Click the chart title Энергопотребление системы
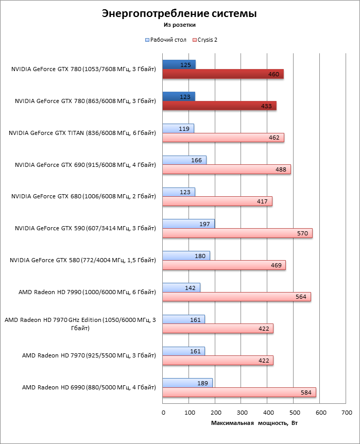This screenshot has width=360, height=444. tap(179, 13)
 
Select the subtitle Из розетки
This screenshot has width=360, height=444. tap(179, 24)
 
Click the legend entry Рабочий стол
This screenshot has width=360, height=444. tap(166, 39)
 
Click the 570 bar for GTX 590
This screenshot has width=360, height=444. tap(237, 233)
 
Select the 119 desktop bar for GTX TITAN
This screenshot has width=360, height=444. tap(178, 128)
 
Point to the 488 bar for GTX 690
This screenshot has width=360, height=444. tap(226, 169)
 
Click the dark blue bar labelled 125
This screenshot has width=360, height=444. tap(179, 64)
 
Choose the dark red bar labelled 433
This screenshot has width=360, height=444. tap(219, 106)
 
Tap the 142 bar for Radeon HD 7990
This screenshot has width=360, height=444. tap(181, 287)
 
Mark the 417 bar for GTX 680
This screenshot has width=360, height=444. tap(217, 201)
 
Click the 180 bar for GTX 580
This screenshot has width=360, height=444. tap(186, 256)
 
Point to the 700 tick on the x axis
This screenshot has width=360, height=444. tap(346, 413)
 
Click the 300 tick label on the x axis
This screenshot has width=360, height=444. tap(242, 413)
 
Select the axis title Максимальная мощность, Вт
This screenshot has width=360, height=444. tap(254, 423)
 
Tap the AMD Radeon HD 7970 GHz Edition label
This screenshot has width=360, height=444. tap(80, 324)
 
